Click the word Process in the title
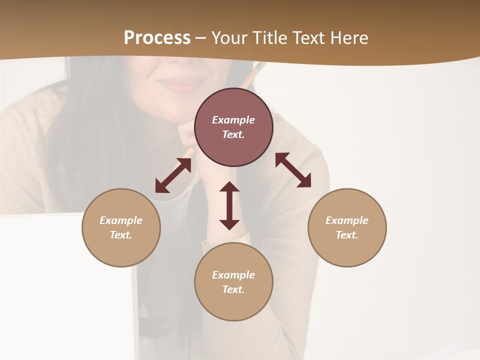157,38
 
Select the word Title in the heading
270,38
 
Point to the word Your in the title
230,38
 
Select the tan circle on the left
121,250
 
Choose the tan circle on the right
347,250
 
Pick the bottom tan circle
233,305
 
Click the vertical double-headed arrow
229,205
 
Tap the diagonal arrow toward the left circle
173,175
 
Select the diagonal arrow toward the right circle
293,170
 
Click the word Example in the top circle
233,120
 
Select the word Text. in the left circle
121,235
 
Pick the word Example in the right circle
347,220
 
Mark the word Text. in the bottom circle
233,289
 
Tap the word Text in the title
308,38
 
